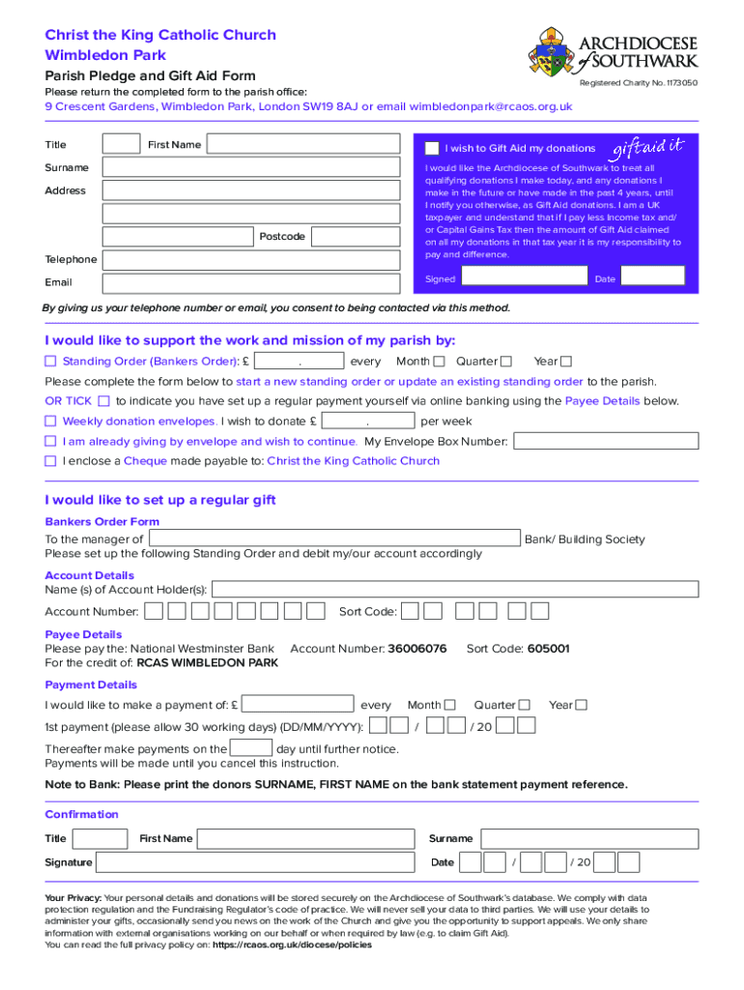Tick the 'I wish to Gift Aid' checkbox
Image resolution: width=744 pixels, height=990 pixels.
pyautogui.click(x=432, y=148)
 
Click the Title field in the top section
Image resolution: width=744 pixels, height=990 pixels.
pyautogui.click(x=122, y=144)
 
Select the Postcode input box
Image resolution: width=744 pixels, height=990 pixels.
pyautogui.click(x=356, y=237)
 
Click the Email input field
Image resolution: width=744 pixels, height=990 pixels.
pyautogui.click(x=251, y=282)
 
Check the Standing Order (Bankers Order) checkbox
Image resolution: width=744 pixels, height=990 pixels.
pyautogui.click(x=51, y=362)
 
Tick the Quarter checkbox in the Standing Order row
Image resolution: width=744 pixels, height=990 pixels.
pyautogui.click(x=505, y=362)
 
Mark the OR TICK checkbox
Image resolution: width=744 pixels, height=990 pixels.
pyautogui.click(x=104, y=400)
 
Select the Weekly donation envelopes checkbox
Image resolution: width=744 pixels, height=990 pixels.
pyautogui.click(x=51, y=422)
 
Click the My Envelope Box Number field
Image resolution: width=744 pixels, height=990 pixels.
pyautogui.click(x=606, y=441)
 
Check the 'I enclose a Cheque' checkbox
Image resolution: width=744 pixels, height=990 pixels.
pyautogui.click(x=51, y=461)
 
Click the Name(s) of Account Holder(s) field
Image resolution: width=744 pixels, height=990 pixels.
pyautogui.click(x=454, y=589)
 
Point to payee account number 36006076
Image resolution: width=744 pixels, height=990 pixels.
pyautogui.click(x=416, y=649)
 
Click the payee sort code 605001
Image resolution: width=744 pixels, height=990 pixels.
pyautogui.click(x=548, y=649)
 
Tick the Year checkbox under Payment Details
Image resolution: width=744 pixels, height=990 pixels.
pyautogui.click(x=582, y=705)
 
